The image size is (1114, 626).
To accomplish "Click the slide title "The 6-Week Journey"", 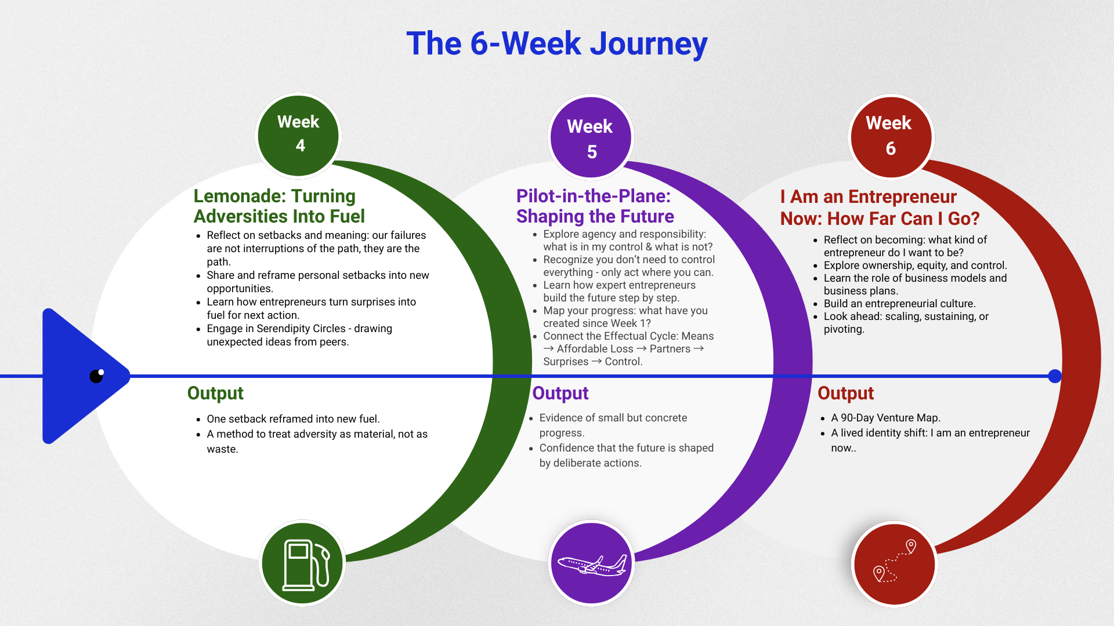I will coord(557,43).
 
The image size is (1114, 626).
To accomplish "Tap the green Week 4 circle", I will coord(298,135).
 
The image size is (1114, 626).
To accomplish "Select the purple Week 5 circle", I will coord(591,138).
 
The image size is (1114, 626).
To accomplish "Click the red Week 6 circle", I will coord(891,137).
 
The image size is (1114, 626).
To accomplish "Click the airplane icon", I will coord(592,565).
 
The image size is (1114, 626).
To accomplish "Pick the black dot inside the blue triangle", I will coord(97,376).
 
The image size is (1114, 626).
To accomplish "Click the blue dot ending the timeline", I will coord(1055,376).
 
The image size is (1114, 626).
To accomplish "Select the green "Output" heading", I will coord(215,393).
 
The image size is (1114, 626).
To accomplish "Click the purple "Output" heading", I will coord(560,393).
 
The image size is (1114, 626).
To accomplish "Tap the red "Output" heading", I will coord(845,393).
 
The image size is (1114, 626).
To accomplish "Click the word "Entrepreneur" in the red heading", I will coord(902,197).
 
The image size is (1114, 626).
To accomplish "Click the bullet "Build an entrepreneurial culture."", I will coord(899,304).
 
